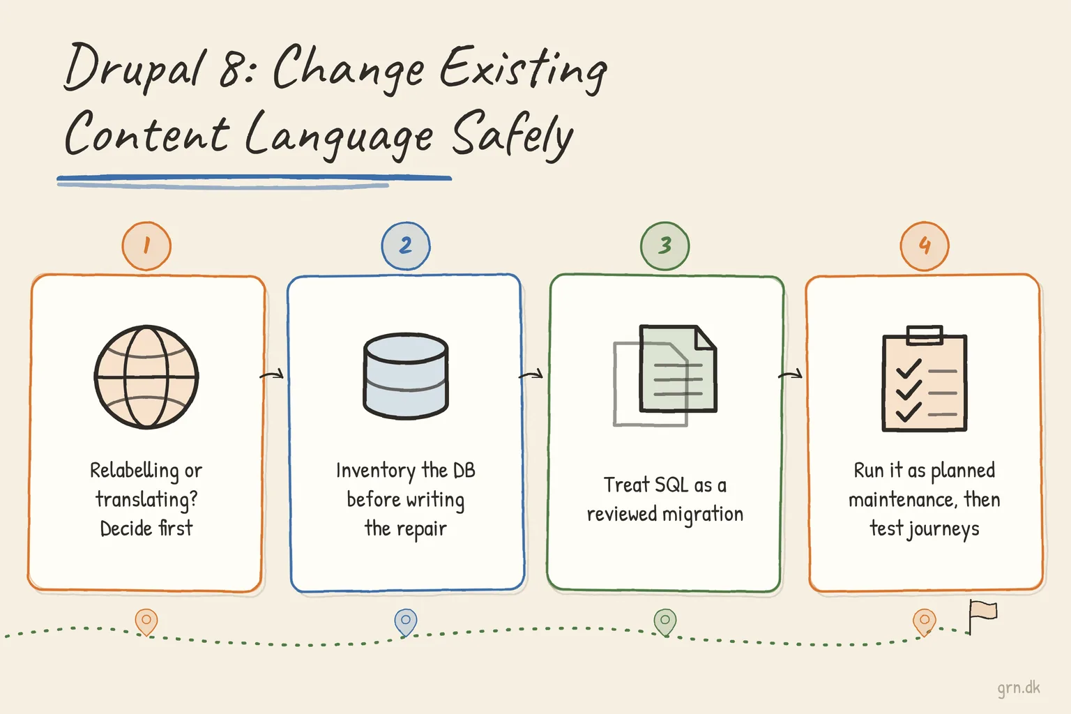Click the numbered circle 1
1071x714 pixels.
(146, 246)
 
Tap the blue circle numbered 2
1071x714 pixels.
(405, 246)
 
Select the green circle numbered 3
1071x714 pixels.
(664, 246)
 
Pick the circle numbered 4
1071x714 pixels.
(924, 246)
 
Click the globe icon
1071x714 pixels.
(146, 377)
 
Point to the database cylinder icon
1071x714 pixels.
(405, 376)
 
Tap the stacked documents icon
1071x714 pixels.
(665, 375)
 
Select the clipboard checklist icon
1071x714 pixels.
(924, 379)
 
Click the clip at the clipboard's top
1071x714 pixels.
(925, 334)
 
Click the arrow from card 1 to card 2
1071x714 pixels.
(271, 375)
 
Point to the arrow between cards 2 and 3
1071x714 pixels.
(531, 374)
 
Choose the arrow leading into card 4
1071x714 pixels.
(790, 374)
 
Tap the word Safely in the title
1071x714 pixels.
(512, 135)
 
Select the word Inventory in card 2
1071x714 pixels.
(376, 471)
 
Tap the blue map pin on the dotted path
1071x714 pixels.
(405, 623)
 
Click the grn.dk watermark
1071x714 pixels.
(1019, 688)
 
